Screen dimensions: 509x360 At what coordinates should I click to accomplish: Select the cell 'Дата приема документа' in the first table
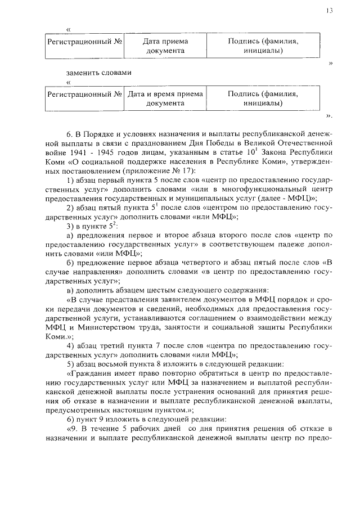[x=165, y=46]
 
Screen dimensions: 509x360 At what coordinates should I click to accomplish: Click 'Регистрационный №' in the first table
[x=85, y=42]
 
